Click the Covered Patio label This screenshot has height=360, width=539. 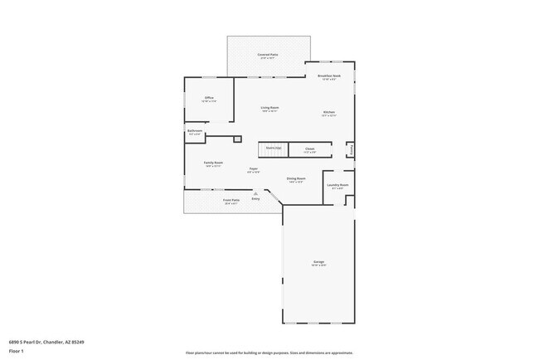tap(268, 55)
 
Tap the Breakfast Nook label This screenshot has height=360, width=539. tap(329, 76)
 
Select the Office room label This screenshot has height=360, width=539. tap(209, 98)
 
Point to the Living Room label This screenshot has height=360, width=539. tap(269, 108)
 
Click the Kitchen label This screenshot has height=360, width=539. tap(329, 112)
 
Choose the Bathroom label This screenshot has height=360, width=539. tap(195, 131)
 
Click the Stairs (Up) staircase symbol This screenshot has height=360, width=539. tap(273, 148)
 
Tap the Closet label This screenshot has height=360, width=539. tap(309, 149)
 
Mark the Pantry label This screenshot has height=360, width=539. tap(352, 150)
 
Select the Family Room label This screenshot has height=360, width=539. tap(213, 163)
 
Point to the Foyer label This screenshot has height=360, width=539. tap(254, 169)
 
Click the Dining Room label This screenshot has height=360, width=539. tap(296, 178)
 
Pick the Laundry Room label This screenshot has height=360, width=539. tap(337, 185)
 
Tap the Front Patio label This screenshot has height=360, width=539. tap(231, 200)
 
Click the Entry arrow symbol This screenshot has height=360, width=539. tap(255, 194)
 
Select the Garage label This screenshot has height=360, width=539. tap(318, 262)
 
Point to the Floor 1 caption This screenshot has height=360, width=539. tap(15, 351)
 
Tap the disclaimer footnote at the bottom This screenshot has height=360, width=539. tap(269, 353)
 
